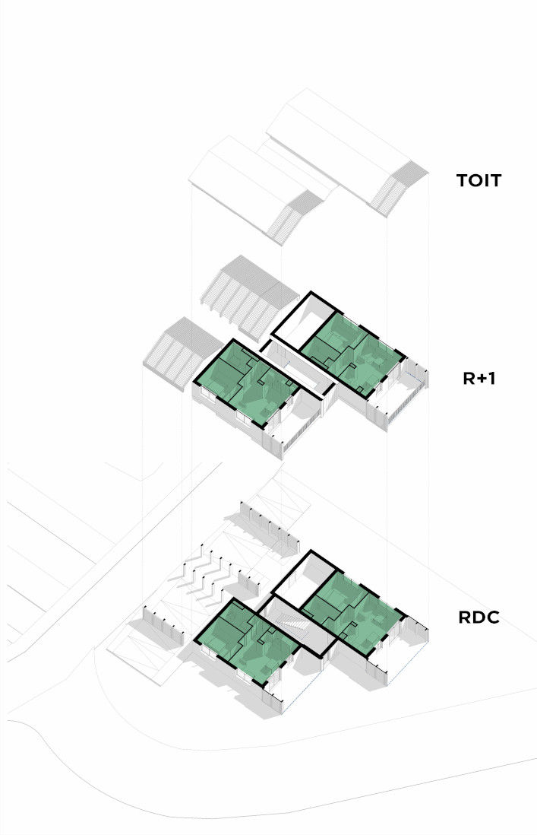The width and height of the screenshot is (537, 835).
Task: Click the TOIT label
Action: tap(479, 180)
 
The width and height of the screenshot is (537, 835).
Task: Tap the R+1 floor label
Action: tap(479, 378)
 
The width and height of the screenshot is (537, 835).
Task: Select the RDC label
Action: tap(479, 618)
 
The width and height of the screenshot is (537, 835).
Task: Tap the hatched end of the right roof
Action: tap(399, 187)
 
